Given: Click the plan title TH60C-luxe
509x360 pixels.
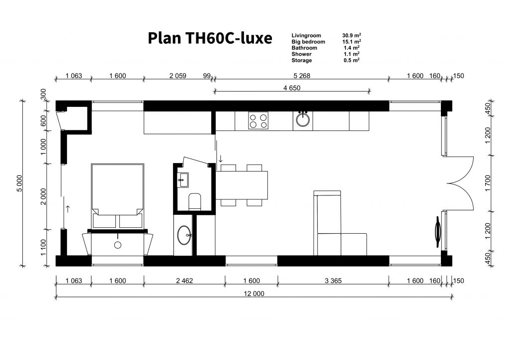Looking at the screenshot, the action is tap(229, 38).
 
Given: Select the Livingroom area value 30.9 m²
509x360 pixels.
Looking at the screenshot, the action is tap(351, 35).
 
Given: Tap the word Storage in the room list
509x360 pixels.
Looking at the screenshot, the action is tap(302, 60).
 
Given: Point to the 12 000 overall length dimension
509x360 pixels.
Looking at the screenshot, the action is tap(254, 293).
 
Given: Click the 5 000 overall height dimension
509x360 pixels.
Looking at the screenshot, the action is tap(20, 183).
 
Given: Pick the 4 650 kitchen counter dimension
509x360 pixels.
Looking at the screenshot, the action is tap(292, 88).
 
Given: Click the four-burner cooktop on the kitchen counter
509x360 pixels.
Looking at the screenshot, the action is tap(258, 121).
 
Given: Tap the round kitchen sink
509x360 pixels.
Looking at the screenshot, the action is tap(303, 119).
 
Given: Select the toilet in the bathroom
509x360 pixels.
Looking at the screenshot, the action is tap(195, 201).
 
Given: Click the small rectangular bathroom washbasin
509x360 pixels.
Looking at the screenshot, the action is tap(183, 180).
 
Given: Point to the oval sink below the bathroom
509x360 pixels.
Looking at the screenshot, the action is tap(184, 235).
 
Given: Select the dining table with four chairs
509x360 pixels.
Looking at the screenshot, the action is tap(242, 185).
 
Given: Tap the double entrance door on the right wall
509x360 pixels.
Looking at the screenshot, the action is tap(459, 184).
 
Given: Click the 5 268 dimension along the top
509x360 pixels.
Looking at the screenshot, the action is tap(302, 76).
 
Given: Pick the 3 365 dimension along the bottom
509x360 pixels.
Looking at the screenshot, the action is tap(333, 281).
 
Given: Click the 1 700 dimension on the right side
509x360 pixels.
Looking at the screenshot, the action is tap(488, 183).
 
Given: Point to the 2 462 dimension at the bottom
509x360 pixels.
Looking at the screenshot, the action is tap(184, 281).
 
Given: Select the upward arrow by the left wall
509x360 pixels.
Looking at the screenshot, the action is tap(68, 209).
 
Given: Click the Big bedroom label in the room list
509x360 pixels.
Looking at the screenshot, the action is tap(308, 42).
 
